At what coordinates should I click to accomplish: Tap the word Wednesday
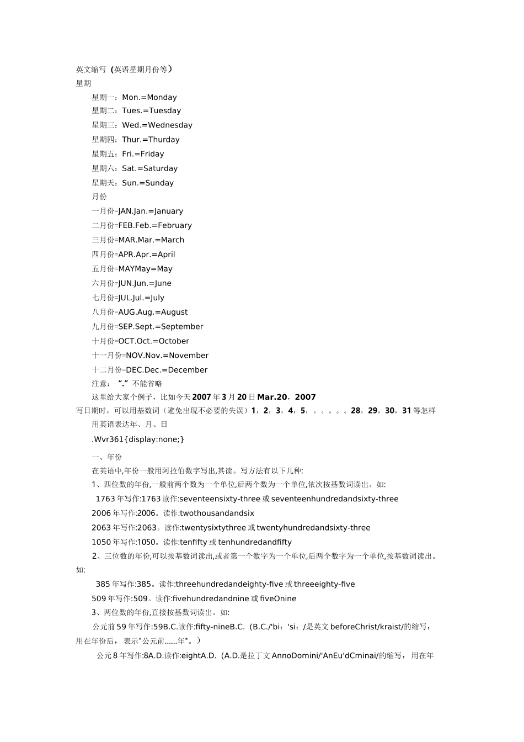(170, 125)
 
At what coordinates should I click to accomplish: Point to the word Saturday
(161, 168)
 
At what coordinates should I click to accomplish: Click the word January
(169, 211)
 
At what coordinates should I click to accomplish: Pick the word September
(182, 327)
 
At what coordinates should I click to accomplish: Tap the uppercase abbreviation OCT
(126, 341)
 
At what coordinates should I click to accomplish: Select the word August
(174, 312)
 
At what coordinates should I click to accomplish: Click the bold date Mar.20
(272, 397)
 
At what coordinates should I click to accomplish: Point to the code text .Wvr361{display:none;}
(138, 439)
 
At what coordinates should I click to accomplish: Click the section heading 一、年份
(107, 457)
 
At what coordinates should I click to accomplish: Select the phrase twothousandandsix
(217, 513)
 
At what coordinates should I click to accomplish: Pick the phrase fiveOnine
(278, 598)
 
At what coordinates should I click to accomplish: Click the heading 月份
(99, 197)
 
